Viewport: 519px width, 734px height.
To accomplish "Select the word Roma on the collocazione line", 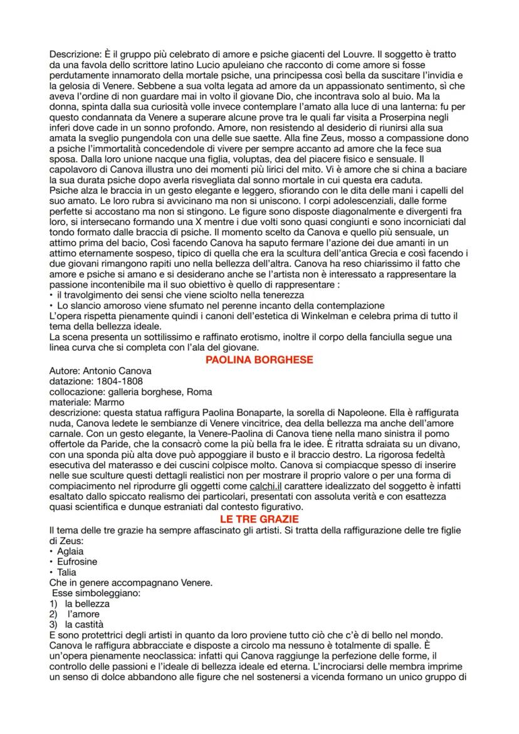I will pos(199,392).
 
